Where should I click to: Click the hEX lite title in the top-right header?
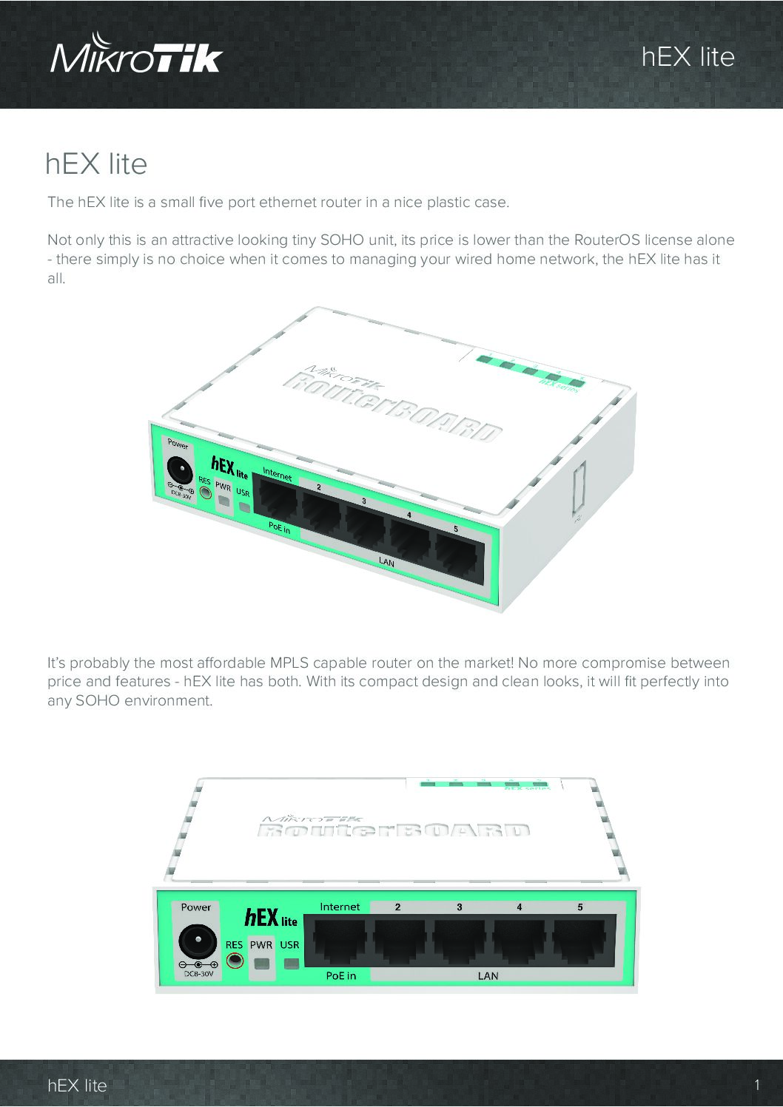click(688, 57)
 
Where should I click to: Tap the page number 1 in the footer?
click(757, 1086)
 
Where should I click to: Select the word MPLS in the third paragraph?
click(289, 663)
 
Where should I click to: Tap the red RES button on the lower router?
click(235, 961)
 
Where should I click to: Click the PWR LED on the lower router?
click(261, 964)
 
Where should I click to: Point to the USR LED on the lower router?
click(292, 964)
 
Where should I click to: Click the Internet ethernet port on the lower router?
click(339, 941)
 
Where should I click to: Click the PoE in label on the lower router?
click(340, 975)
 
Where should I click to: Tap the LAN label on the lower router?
click(488, 975)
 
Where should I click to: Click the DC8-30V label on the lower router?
click(198, 974)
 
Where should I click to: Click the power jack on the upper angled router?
click(180, 470)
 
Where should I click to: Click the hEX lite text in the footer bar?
click(77, 1086)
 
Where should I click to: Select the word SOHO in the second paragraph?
click(342, 240)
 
